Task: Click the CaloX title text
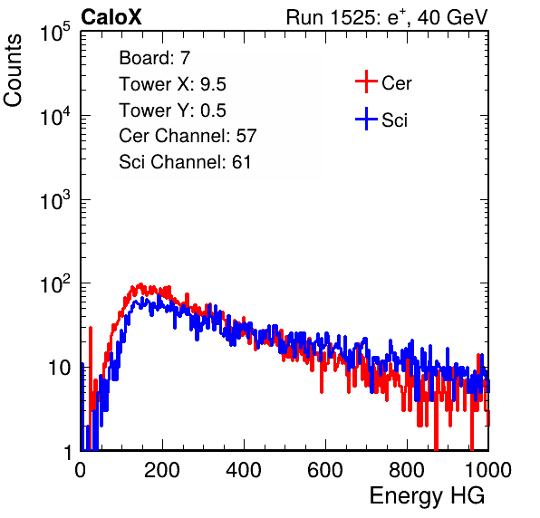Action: click(111, 17)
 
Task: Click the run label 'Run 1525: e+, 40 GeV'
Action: click(387, 17)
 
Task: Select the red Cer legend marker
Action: click(366, 82)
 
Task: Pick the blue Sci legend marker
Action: click(366, 119)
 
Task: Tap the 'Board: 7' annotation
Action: click(155, 57)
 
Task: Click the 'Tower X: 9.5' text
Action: click(172, 84)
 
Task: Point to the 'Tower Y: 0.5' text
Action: click(172, 110)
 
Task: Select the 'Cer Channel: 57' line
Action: click(188, 136)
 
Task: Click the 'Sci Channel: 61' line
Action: click(185, 162)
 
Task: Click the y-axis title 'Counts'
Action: click(13, 71)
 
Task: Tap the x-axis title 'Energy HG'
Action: click(427, 496)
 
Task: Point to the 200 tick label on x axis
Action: click(162, 470)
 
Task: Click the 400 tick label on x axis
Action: click(244, 470)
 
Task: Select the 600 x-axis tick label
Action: click(325, 470)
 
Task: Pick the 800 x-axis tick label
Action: click(407, 470)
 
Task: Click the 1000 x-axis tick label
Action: click(488, 470)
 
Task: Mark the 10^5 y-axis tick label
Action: click(55, 32)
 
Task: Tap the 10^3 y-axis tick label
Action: click(55, 199)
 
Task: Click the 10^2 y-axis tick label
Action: click(55, 283)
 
